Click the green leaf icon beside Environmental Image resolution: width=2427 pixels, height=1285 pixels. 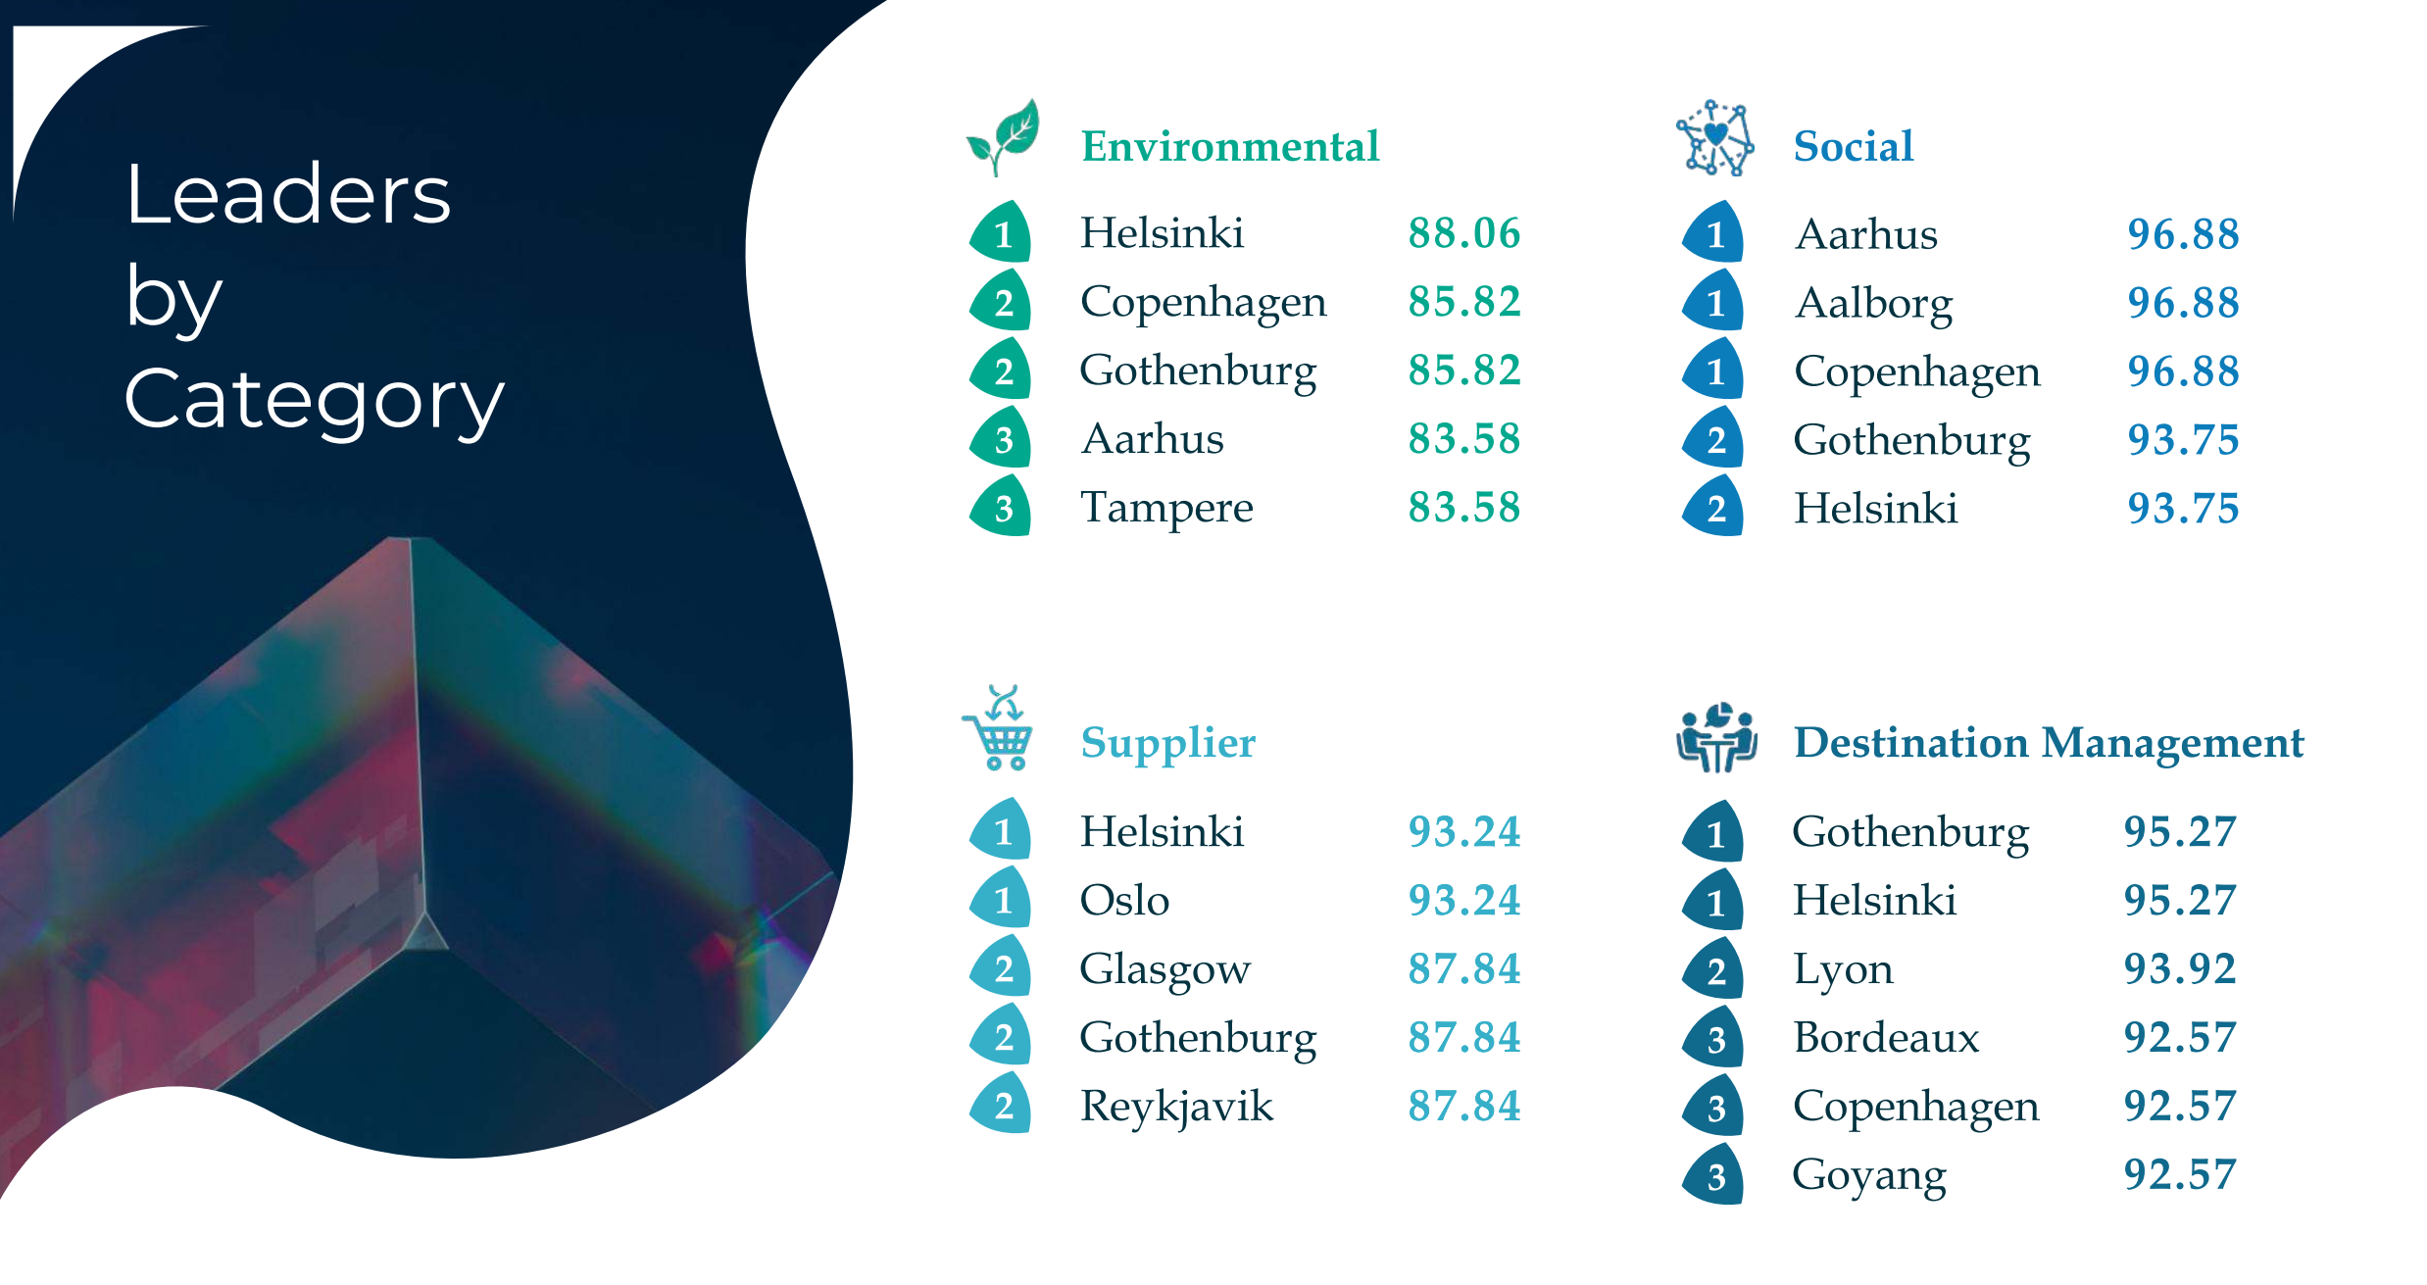pos(1002,137)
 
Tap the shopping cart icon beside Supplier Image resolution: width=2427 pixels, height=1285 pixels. pos(998,727)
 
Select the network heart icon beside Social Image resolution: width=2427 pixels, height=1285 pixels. pos(1714,138)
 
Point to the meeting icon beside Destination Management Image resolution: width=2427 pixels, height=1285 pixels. pos(1716,737)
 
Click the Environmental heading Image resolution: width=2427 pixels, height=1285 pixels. pos(1230,147)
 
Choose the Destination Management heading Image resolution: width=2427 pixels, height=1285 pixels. pos(2049,743)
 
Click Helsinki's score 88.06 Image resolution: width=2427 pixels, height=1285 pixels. pos(1464,233)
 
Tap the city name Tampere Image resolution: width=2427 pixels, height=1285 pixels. pos(1166,509)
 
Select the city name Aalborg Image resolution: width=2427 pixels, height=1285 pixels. pos(1874,304)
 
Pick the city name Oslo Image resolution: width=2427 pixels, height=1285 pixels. pos(1124,901)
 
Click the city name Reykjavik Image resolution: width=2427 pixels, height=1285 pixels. pos(1176,1108)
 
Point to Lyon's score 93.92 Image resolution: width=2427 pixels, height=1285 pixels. pos(2180,969)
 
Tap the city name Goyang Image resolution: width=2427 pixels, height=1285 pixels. pos(1869,1176)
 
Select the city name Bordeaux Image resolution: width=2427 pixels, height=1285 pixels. pos(1887,1038)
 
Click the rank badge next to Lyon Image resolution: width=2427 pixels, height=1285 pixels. pos(1713,968)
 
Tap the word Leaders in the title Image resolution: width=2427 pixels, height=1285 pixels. pos(288,194)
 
